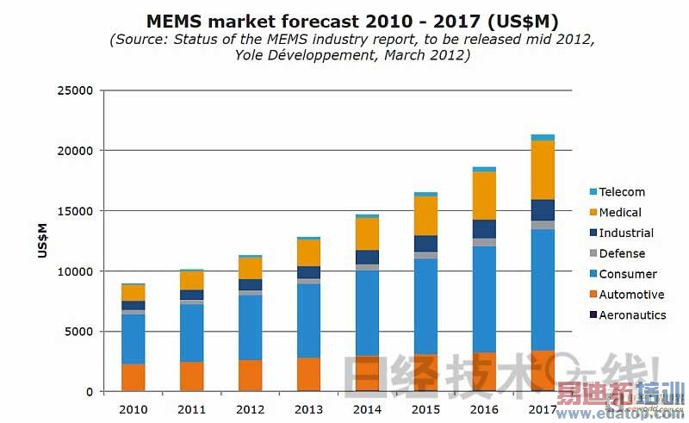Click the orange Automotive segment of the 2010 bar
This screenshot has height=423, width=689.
click(x=133, y=377)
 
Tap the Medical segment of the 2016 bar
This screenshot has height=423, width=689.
click(x=485, y=196)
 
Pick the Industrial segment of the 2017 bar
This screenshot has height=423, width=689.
click(x=543, y=210)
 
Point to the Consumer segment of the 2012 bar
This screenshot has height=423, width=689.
click(x=250, y=327)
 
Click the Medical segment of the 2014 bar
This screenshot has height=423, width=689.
click(x=367, y=233)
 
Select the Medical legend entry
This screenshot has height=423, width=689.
click(x=620, y=213)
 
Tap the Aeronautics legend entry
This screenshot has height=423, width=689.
click(x=632, y=315)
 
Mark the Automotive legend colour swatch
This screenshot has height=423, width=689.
click(x=593, y=295)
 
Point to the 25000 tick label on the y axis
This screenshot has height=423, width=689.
click(x=77, y=90)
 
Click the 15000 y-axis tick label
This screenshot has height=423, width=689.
click(x=77, y=211)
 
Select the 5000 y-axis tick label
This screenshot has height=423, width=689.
click(x=80, y=332)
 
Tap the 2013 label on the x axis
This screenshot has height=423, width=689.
click(x=308, y=408)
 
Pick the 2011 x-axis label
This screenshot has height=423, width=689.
click(x=191, y=408)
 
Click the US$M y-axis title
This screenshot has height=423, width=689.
click(x=42, y=240)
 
